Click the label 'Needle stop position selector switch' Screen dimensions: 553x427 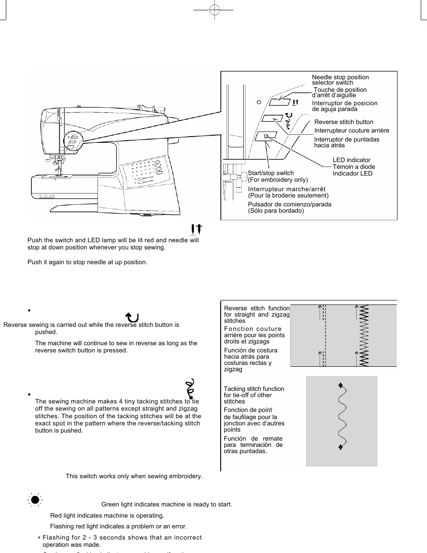(340, 80)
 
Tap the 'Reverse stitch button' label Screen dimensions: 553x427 (343, 122)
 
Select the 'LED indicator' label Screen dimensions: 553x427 (351, 160)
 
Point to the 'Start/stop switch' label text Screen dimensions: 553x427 (271, 173)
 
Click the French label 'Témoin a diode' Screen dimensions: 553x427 (354, 167)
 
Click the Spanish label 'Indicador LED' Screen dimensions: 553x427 (352, 173)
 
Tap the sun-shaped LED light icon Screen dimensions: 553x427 (35, 500)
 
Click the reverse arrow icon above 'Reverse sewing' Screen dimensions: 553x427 (132, 317)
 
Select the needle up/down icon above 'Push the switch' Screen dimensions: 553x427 (196, 229)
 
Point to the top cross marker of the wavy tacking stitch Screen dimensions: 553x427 (341, 385)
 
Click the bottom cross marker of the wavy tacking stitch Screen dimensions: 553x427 (341, 447)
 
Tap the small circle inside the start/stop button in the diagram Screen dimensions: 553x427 (266, 135)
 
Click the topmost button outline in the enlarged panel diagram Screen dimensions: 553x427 (279, 102)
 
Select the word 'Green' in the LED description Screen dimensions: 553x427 (110, 504)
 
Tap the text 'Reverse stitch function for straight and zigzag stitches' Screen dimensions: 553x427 (256, 314)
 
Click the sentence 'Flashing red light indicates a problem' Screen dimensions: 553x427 (118, 526)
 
